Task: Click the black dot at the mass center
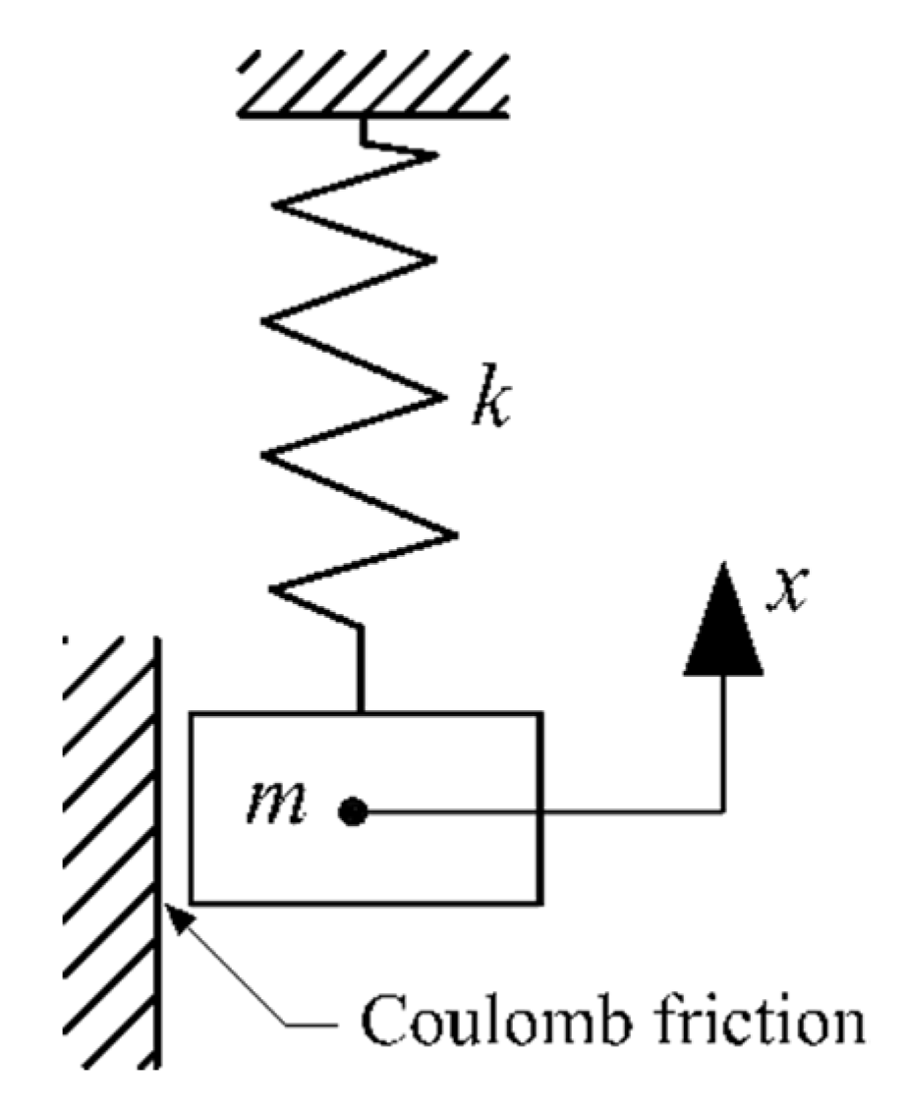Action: tap(352, 811)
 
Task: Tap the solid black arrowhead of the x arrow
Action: tap(725, 625)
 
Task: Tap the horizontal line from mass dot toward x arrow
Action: tap(540, 811)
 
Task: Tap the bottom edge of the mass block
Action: tap(364, 901)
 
